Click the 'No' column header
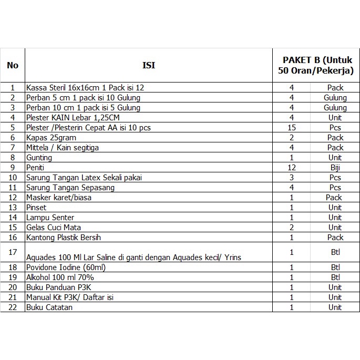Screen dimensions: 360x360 [x=13, y=65]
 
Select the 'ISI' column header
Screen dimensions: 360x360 [x=149, y=65]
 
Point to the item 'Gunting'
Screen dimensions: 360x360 [x=39, y=157]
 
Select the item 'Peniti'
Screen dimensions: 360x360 [x=35, y=167]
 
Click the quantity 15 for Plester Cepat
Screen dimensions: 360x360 [x=292, y=127]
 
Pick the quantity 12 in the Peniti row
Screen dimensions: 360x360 [x=292, y=167]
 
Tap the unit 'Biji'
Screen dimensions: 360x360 [x=335, y=167]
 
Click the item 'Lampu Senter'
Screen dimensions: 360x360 [x=50, y=217]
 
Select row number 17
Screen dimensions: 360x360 [x=13, y=252]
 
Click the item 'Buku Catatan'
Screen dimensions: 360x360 [x=49, y=307]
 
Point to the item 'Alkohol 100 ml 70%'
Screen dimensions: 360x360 [x=60, y=277]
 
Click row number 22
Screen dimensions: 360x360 [x=13, y=307]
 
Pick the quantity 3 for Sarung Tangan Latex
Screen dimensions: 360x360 [x=292, y=177]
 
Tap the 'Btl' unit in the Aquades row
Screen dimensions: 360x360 [x=335, y=252]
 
